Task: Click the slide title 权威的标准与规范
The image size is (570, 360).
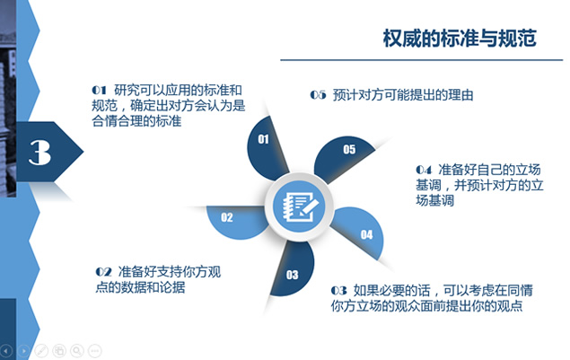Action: [460, 39]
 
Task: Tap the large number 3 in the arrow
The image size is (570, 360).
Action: [39, 153]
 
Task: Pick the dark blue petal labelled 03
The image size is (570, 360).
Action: [294, 269]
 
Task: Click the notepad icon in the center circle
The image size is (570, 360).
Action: [299, 207]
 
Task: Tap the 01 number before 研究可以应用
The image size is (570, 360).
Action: [99, 90]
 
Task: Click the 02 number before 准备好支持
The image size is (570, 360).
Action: [103, 272]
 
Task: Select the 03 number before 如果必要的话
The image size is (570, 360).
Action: [338, 291]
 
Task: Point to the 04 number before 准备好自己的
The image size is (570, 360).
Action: [424, 170]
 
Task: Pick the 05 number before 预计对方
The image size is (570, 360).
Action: [318, 95]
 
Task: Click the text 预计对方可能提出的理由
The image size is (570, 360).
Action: [403, 95]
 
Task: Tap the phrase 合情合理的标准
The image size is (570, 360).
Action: [136, 121]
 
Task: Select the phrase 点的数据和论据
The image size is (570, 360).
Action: [140, 287]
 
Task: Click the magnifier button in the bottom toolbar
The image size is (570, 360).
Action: [77, 350]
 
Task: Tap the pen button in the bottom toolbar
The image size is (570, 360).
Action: [41, 350]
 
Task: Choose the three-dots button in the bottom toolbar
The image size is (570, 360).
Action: [95, 350]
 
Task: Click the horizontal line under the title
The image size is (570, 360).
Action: [422, 60]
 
